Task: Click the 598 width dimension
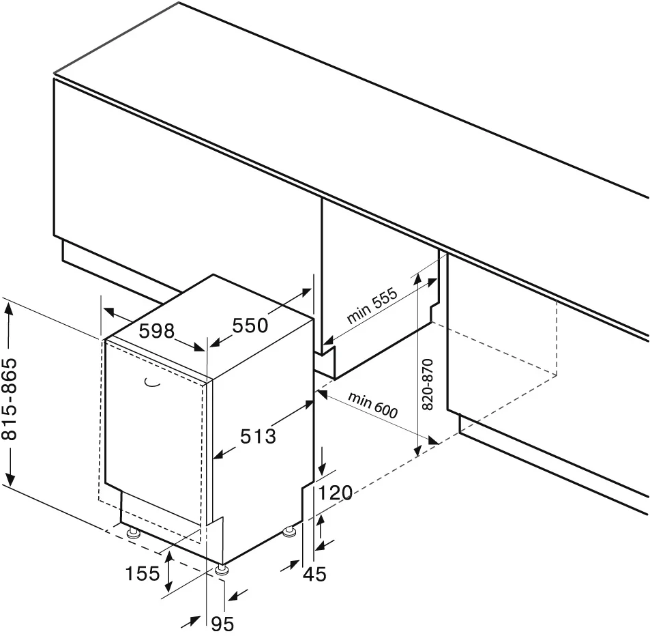tap(157, 332)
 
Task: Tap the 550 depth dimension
tap(250, 326)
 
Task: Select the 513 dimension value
tap(258, 435)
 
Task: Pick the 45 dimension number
tap(314, 575)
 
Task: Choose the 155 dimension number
tap(142, 574)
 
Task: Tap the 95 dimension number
tap(222, 622)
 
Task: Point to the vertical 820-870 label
tap(428, 384)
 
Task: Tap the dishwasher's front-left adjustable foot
tap(133, 532)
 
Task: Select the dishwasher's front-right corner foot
tap(222, 569)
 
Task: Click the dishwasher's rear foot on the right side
tap(291, 530)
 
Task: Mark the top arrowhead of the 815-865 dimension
tap(10, 304)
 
